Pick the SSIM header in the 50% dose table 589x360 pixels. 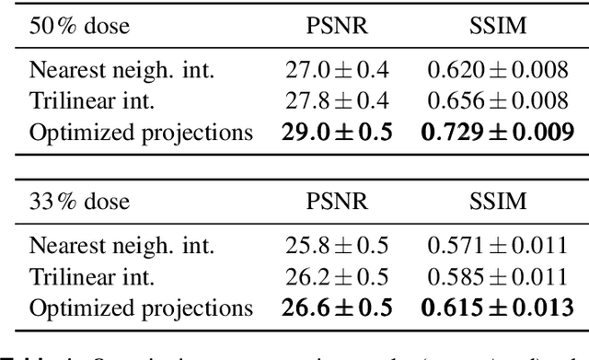tap(497, 27)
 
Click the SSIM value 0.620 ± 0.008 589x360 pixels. tap(497, 70)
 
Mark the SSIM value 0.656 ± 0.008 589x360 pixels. tap(497, 100)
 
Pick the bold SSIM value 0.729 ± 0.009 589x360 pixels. tap(497, 132)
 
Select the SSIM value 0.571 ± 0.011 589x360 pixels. tap(497, 246)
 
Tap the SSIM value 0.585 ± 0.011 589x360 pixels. tap(497, 276)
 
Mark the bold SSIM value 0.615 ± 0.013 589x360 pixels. tap(497, 308)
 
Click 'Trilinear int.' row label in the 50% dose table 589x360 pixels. tap(92, 100)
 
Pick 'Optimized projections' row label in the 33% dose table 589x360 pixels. tap(141, 308)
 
